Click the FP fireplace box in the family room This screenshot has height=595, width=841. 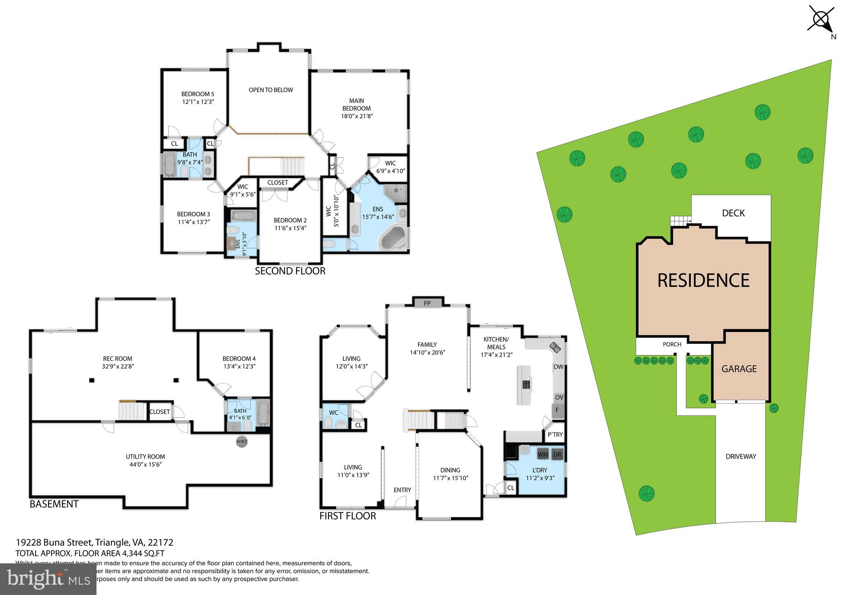(427, 303)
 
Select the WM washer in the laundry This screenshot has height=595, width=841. (542, 454)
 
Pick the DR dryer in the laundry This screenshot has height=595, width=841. (557, 454)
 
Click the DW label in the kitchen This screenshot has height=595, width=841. (558, 367)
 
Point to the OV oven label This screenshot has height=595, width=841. (559, 397)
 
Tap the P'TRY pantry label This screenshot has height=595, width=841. (555, 435)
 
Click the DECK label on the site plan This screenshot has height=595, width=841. (733, 213)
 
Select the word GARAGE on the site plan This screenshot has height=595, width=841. (739, 369)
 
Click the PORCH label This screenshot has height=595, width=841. (672, 344)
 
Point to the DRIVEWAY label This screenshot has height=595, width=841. (740, 456)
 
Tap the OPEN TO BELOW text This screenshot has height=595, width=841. (271, 90)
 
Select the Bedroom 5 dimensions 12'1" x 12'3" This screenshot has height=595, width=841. (198, 101)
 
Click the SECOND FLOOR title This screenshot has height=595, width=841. (290, 271)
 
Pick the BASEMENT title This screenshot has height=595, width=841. (54, 504)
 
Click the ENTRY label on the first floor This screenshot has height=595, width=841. (402, 490)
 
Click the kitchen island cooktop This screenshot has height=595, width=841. (526, 385)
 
